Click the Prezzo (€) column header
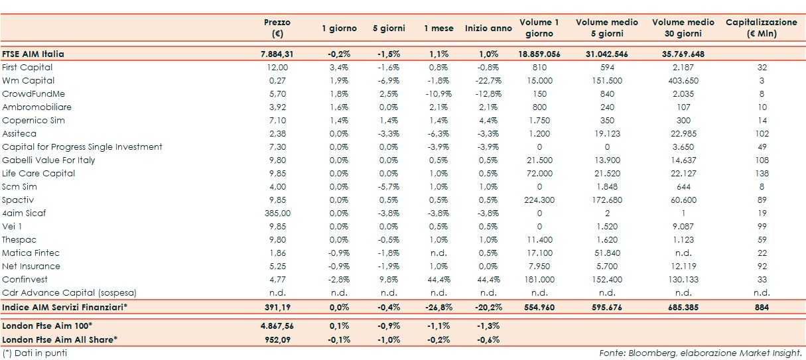pyautogui.click(x=277, y=28)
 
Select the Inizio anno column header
pyautogui.click(x=488, y=29)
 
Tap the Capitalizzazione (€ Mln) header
pyautogui.click(x=761, y=28)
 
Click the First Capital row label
pyautogui.click(x=27, y=67)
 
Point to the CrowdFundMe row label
pyautogui.click(x=33, y=93)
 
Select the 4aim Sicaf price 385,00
pyautogui.click(x=277, y=213)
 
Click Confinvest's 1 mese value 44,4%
pyautogui.click(x=438, y=279)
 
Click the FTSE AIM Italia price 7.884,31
pyautogui.click(x=277, y=54)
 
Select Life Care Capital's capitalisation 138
pyautogui.click(x=762, y=173)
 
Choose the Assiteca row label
pyautogui.click(x=20, y=133)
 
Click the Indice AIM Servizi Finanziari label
pyautogui.click(x=64, y=308)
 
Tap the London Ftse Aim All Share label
pyautogui.click(x=60, y=339)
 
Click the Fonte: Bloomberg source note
pyautogui.click(x=701, y=353)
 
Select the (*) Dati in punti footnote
pyautogui.click(x=34, y=353)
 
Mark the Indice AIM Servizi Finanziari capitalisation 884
pyautogui.click(x=762, y=308)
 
